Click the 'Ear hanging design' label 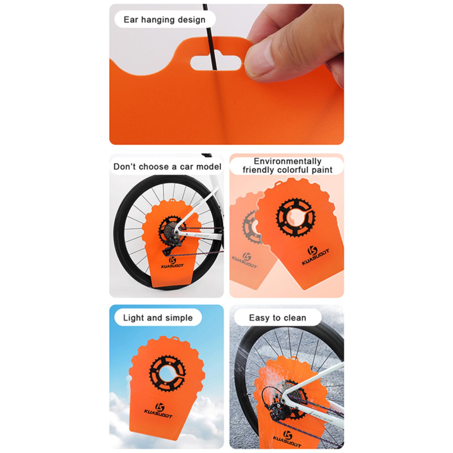point(164,20)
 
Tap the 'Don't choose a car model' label point(167,166)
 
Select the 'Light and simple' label point(158,318)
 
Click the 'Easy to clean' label point(277,318)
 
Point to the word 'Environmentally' point(287,161)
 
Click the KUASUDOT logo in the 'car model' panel point(172,262)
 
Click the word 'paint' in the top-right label point(321,170)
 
